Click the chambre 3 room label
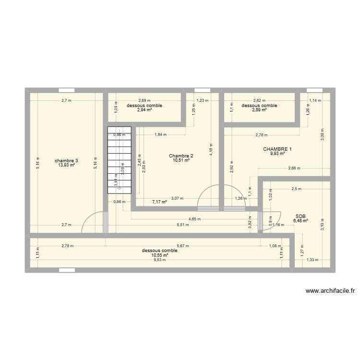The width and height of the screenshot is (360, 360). click(66, 160)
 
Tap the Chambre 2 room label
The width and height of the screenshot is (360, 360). click(181, 156)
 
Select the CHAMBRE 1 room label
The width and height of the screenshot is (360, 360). click(277, 149)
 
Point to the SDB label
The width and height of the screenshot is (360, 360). click(301, 216)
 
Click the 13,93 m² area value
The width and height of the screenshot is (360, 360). click(66, 165)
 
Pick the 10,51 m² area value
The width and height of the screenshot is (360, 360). click(181, 161)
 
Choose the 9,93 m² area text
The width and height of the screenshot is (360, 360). click(277, 154)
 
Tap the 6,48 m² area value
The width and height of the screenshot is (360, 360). click(301, 221)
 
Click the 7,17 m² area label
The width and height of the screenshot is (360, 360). click(159, 202)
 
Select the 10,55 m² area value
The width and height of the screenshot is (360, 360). click(159, 255)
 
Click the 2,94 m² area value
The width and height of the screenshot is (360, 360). click(144, 110)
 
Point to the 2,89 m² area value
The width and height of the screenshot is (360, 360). click(259, 110)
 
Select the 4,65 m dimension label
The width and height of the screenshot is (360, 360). click(194, 219)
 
